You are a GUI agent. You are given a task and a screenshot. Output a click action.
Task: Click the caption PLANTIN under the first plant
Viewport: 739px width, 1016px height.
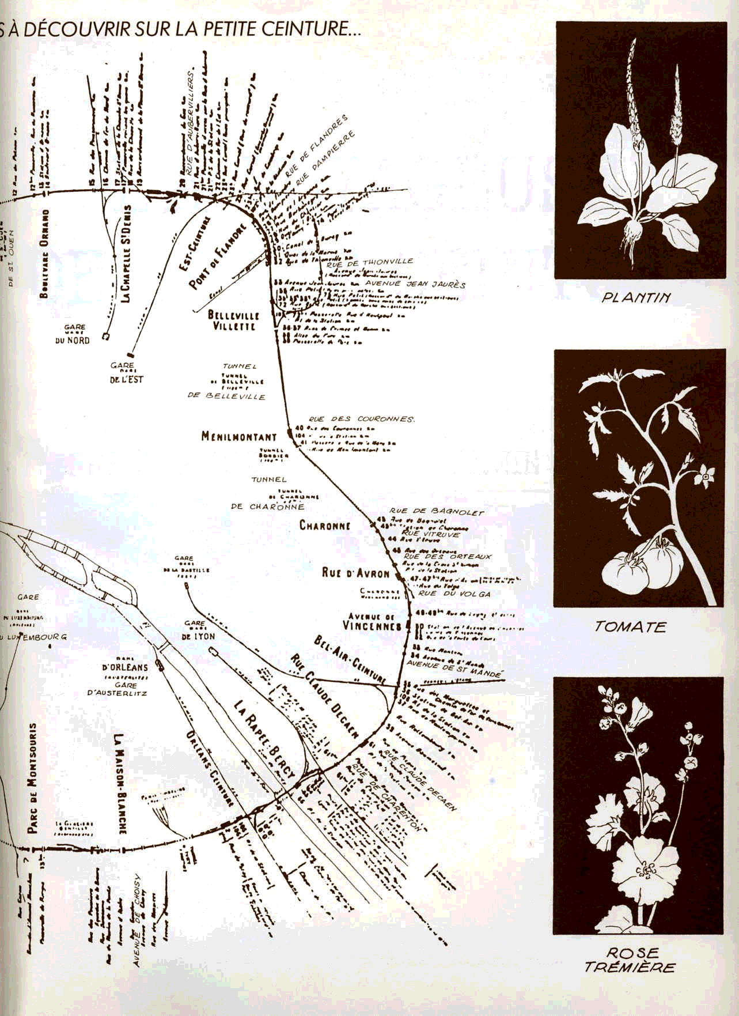[636, 298]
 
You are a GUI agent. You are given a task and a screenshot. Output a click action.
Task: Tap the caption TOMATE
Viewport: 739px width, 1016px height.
[630, 626]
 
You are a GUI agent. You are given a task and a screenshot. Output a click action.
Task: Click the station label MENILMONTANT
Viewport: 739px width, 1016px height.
[238, 437]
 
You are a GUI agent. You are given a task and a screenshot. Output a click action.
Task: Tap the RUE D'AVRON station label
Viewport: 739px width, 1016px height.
[355, 573]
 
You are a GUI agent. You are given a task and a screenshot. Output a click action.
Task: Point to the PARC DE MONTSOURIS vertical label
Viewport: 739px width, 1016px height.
[33, 778]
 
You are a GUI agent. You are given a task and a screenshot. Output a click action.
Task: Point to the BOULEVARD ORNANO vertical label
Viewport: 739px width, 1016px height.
[44, 254]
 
